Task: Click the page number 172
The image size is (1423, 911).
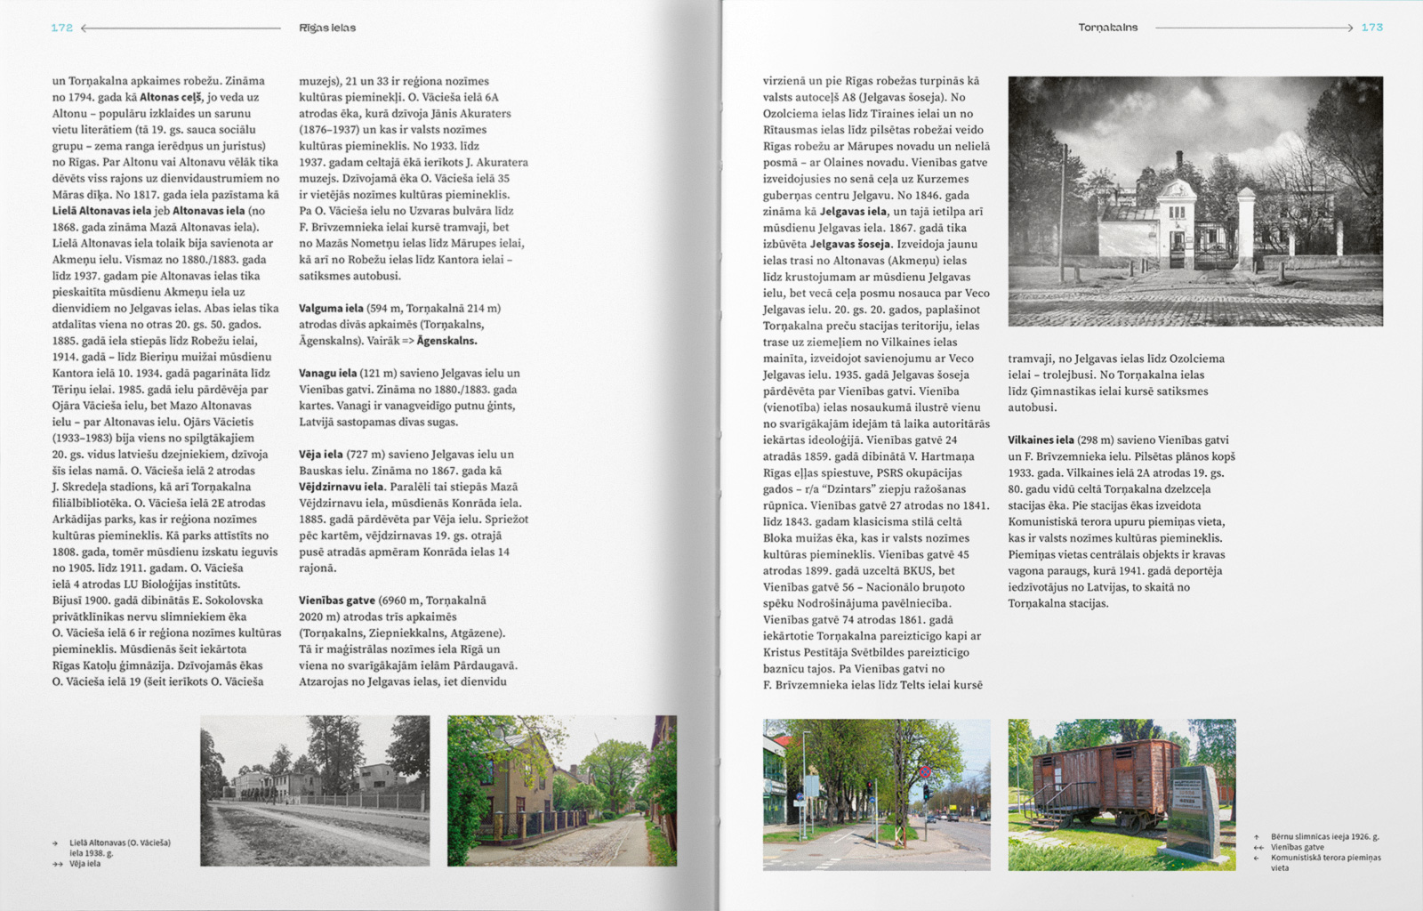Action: click(61, 28)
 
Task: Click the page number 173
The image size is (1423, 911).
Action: click(1371, 28)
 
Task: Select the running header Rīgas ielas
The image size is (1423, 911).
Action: click(327, 28)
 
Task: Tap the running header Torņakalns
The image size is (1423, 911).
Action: click(1107, 28)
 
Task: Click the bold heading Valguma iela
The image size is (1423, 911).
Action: click(331, 308)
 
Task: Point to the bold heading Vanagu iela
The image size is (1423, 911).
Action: click(327, 373)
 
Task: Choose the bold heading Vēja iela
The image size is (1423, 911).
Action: click(320, 454)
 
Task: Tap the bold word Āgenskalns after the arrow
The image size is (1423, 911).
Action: click(446, 341)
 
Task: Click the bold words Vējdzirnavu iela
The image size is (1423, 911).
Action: click(342, 487)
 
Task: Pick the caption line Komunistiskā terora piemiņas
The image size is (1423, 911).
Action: click(1325, 858)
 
